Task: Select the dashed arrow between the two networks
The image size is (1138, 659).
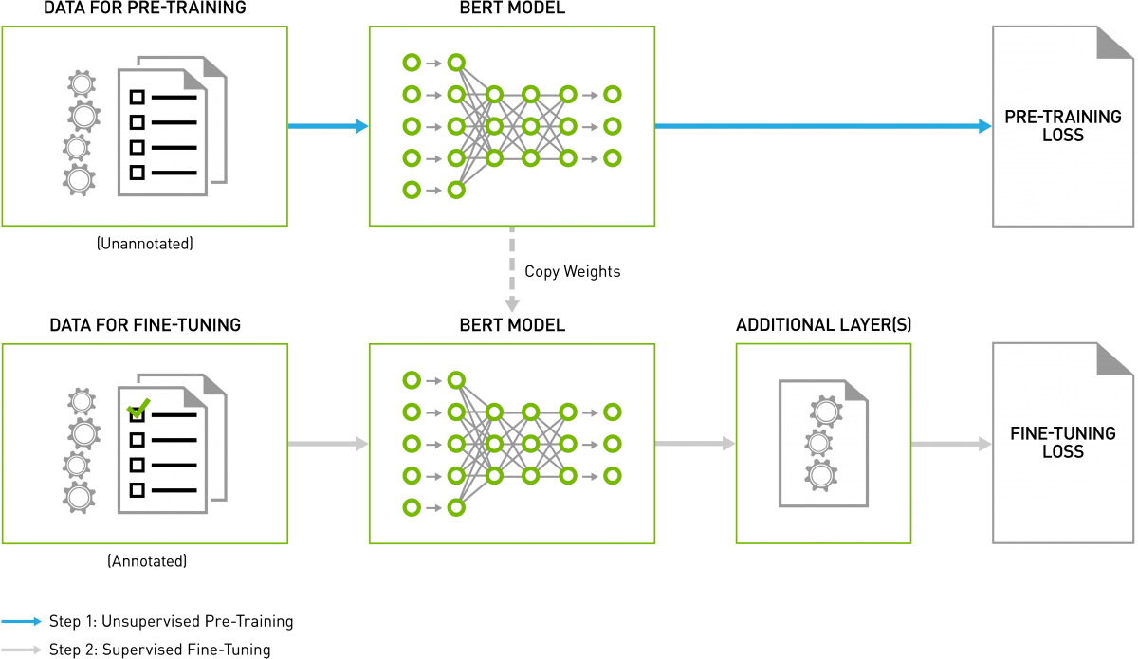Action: [512, 270]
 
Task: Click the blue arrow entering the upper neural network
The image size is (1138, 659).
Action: [327, 126]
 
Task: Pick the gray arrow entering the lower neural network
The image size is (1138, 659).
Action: [327, 443]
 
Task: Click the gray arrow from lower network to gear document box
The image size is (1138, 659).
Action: [695, 443]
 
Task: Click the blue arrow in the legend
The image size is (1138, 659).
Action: [22, 621]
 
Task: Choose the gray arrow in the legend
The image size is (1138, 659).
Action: [22, 650]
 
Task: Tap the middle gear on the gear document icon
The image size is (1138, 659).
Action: [817, 442]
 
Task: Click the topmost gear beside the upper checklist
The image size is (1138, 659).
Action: [82, 84]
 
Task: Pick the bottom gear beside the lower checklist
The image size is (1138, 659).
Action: [79, 497]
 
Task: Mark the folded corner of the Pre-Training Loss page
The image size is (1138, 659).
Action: [1115, 42]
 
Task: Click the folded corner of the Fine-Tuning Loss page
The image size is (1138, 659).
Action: [1115, 357]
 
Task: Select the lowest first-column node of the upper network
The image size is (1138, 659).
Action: [412, 190]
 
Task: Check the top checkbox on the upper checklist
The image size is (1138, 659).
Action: [138, 97]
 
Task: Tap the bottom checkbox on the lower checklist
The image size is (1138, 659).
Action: [138, 489]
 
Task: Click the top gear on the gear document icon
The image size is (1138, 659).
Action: [826, 411]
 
